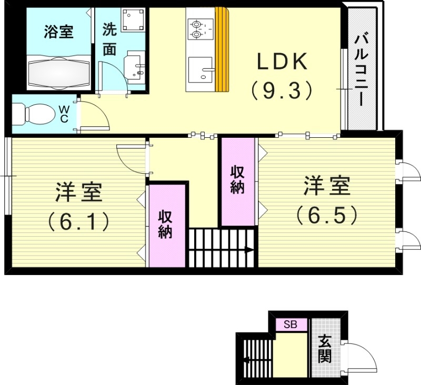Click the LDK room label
pyautogui.click(x=282, y=62)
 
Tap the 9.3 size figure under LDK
pyautogui.click(x=282, y=90)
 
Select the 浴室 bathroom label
pyautogui.click(x=58, y=32)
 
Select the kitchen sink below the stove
pyautogui.click(x=201, y=69)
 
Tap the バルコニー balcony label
pyautogui.click(x=362, y=68)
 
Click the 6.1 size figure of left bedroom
pyautogui.click(x=78, y=221)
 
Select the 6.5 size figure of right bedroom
pyautogui.click(x=326, y=214)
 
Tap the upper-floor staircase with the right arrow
pyautogui.click(x=222, y=247)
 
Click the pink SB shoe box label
pyautogui.click(x=290, y=325)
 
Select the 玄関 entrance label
pyautogui.click(x=325, y=349)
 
